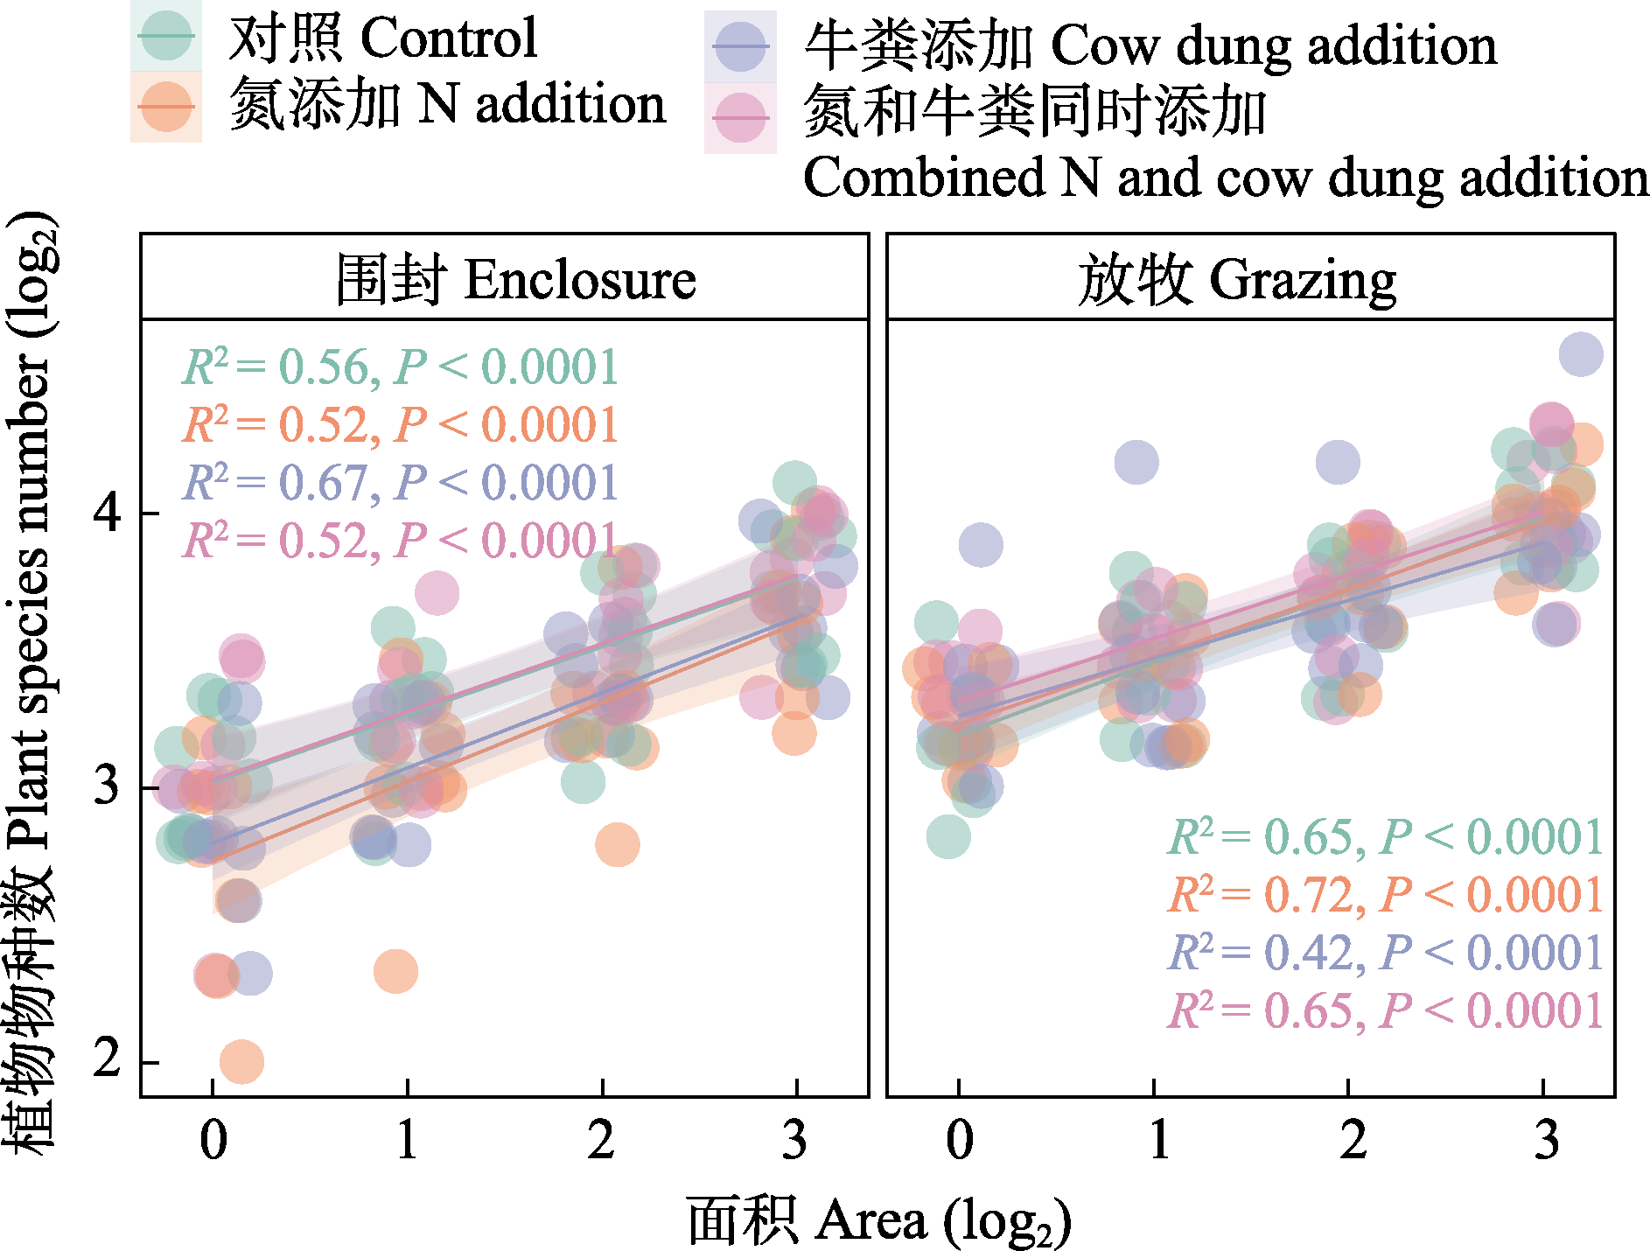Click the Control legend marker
point(166,37)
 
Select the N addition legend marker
point(166,107)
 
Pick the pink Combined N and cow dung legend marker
point(740,118)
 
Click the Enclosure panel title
point(515,280)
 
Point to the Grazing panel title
point(1236,280)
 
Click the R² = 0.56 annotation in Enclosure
point(400,367)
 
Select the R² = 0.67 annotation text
point(400,483)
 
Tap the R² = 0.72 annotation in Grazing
point(1385,895)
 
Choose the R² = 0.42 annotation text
point(1385,953)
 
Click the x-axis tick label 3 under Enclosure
point(794,1140)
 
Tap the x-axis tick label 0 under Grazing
point(959,1140)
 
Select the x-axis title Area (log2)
point(878,1221)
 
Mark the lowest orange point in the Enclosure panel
point(241,1062)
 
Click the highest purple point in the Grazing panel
point(1581,354)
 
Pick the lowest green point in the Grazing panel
point(948,836)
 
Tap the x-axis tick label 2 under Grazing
point(1352,1140)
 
